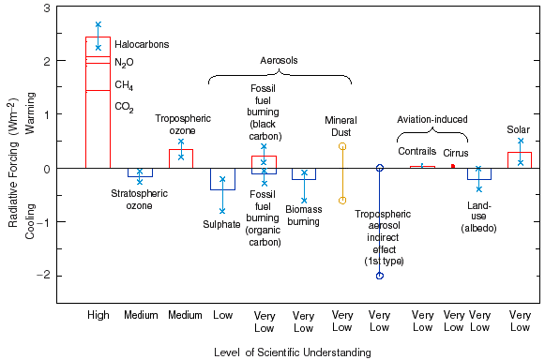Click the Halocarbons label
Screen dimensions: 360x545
coord(144,44)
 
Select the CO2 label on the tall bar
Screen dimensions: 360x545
coord(124,107)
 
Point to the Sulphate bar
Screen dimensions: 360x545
coord(222,178)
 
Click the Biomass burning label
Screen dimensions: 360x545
coord(303,216)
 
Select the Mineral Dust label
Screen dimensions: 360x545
coord(341,127)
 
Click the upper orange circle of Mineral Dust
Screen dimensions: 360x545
coord(342,146)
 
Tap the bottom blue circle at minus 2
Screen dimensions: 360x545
coord(380,276)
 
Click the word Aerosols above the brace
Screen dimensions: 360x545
coord(279,60)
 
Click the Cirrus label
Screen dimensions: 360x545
coord(456,152)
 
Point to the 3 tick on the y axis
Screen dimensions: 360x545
coord(47,7)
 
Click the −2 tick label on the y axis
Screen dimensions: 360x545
coord(44,276)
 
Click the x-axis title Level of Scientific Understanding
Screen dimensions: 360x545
coord(291,352)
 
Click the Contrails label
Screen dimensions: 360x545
coord(416,152)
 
